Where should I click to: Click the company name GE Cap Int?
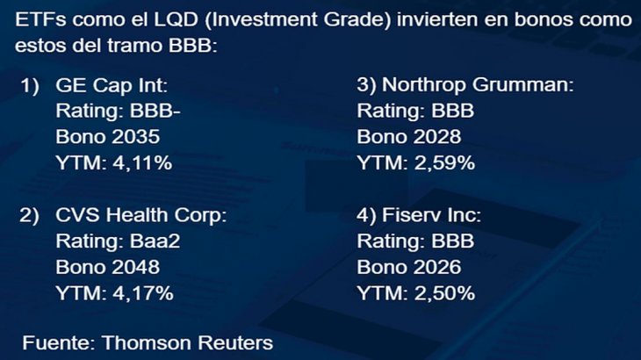[111, 86]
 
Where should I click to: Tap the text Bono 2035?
[108, 137]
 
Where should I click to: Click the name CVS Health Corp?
[141, 215]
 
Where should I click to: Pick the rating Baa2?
[155, 241]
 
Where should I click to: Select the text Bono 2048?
[108, 267]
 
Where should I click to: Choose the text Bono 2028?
[408, 137]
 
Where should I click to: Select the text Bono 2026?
[408, 267]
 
